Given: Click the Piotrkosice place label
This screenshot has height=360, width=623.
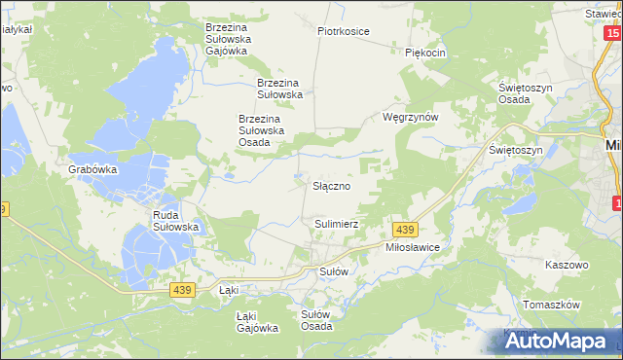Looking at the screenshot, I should coord(344,31).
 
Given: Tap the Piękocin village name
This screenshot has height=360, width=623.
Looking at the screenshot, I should coord(425,53).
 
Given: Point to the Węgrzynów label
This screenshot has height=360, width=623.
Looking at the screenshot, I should coord(412,117).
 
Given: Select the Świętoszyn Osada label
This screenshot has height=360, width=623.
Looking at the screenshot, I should coord(527,93).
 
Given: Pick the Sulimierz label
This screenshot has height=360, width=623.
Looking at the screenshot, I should coord(337,224).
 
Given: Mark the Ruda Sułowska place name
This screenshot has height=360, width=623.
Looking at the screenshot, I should coord(176,220).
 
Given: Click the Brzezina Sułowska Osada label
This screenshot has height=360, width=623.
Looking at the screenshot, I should coord(261,130).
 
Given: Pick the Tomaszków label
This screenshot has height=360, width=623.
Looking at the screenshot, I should coord(551,305).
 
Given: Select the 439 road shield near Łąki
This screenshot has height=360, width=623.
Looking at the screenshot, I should coord(180,289).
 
